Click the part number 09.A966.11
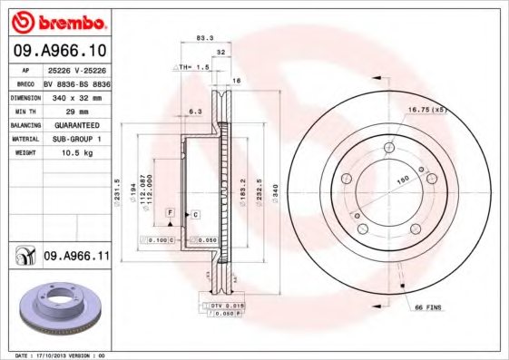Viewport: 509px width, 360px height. click(76, 258)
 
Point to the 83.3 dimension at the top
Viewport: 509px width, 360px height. click(204, 37)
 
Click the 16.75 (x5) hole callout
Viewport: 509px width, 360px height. click(429, 110)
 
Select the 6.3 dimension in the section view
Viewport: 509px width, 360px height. click(194, 112)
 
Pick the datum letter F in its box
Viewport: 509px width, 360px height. click(168, 211)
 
